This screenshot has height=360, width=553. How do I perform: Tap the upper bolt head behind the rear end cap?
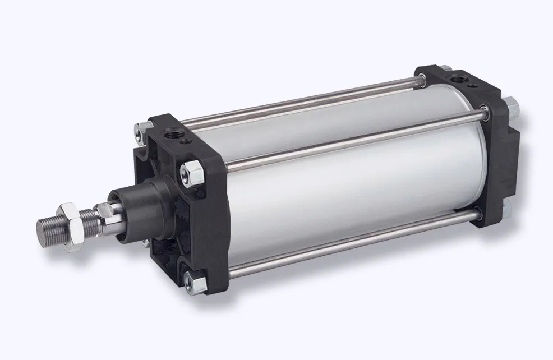pos(511,105)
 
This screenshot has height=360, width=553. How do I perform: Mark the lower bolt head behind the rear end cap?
pos(506,209)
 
